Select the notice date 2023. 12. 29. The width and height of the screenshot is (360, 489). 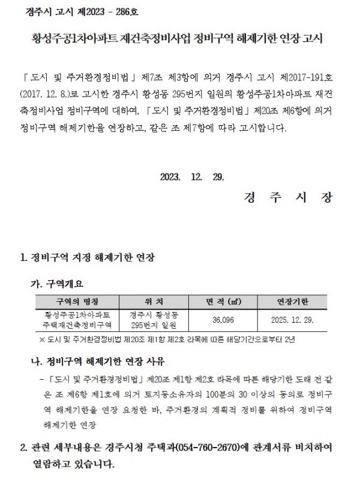coord(192,176)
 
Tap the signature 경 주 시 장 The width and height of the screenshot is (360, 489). coord(288,197)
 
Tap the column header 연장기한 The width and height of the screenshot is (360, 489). coord(293,301)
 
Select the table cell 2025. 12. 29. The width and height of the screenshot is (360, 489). coord(293,320)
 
